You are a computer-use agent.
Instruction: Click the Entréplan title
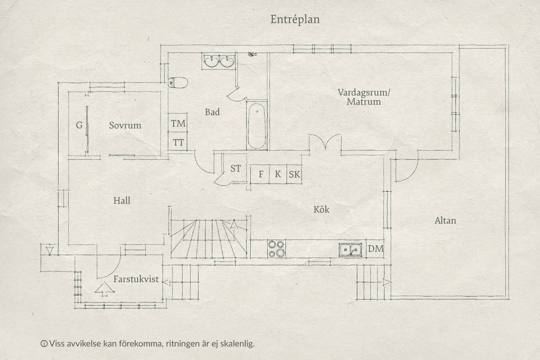click(295, 20)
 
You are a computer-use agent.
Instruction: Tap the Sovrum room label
click(125, 126)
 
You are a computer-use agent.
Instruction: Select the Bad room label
click(212, 112)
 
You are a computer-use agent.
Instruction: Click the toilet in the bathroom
click(178, 83)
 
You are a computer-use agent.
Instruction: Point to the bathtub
click(257, 126)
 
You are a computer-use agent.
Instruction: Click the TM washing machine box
click(178, 123)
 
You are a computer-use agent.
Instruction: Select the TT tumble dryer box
click(178, 141)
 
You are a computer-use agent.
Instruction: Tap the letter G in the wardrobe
click(79, 125)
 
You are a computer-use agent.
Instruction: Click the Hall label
click(121, 201)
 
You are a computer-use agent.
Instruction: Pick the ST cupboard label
click(235, 169)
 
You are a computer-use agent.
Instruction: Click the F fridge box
click(260, 174)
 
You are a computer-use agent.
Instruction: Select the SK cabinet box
click(294, 174)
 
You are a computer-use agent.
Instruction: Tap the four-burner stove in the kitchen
click(276, 249)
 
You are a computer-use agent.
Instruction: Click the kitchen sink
click(350, 250)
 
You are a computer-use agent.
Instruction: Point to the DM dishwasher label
click(376, 248)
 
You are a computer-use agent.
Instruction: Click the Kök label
click(321, 209)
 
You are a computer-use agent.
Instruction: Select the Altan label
click(445, 220)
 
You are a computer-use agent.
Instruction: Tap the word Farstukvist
click(136, 279)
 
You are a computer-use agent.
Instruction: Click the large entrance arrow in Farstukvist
click(104, 289)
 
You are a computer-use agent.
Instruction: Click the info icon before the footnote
click(44, 344)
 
